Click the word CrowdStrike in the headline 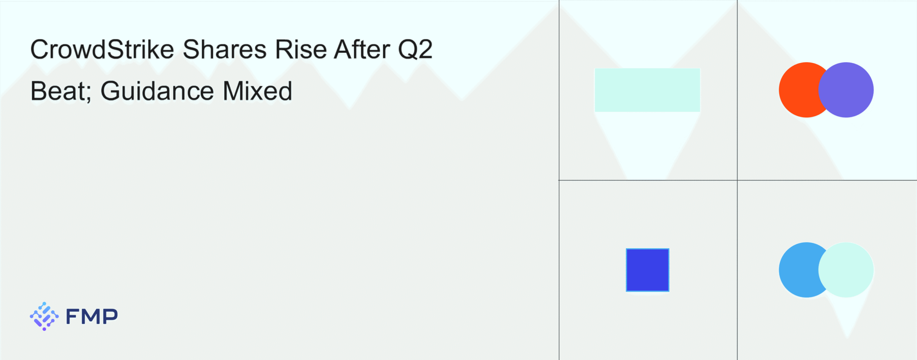(102, 49)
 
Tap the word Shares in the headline (225, 49)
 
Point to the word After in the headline (362, 49)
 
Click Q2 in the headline (416, 49)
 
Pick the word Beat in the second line (58, 91)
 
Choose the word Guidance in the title (157, 91)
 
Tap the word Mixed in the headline (258, 91)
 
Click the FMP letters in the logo (92, 316)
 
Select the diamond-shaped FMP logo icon (44, 316)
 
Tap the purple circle (846, 90)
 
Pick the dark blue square (648, 270)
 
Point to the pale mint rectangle (647, 90)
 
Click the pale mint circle (846, 270)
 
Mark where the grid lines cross (737, 180)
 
